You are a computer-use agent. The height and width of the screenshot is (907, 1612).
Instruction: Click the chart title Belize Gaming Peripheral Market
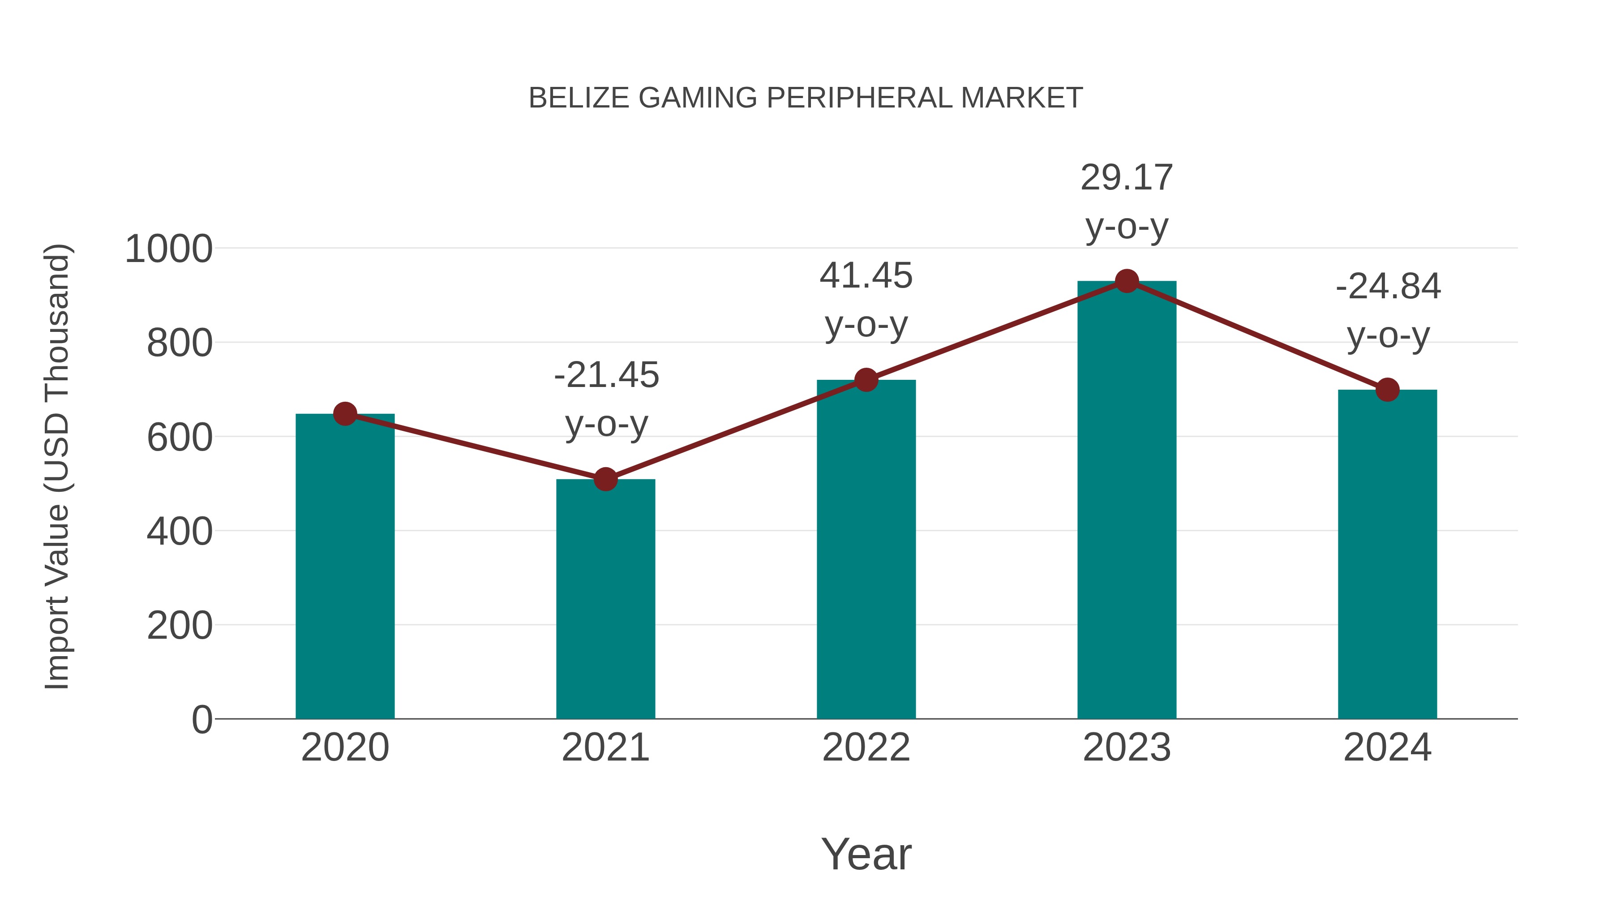pos(806,98)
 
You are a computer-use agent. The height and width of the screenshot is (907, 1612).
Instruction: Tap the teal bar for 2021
pos(605,598)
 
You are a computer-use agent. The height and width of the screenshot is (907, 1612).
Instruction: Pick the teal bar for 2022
pos(866,549)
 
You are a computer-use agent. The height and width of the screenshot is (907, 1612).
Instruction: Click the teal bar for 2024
pos(1387,554)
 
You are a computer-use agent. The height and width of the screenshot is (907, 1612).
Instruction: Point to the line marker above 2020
pos(345,414)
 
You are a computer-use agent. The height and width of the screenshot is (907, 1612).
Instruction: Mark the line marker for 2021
pos(605,479)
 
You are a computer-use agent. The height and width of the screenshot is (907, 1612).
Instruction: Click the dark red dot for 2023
pos(1127,281)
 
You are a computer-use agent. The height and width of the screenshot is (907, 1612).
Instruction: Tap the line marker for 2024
pos(1387,390)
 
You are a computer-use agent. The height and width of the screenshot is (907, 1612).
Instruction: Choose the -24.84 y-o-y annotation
pos(1388,311)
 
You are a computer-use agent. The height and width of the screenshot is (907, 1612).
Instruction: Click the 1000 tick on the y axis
pos(169,249)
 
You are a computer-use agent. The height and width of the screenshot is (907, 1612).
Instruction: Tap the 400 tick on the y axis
pos(180,531)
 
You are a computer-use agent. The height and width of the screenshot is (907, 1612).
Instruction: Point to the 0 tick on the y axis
pos(201,719)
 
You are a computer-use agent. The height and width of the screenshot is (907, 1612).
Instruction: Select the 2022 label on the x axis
pos(866,748)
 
